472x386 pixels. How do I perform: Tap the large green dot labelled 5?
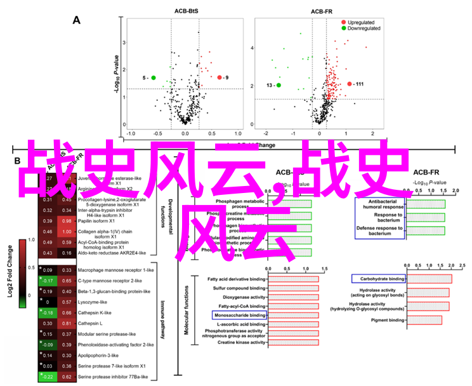[153, 77]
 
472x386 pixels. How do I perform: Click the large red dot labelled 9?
[220, 77]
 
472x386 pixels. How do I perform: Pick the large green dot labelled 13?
[279, 85]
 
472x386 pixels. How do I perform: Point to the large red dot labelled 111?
[349, 83]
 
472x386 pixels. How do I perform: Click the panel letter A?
[77, 20]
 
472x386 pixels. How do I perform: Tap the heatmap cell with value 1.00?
[65, 232]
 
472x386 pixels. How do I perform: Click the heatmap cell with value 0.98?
[65, 220]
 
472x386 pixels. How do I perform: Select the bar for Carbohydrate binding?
[429, 279]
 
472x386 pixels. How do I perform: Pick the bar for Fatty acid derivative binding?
[293, 278]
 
